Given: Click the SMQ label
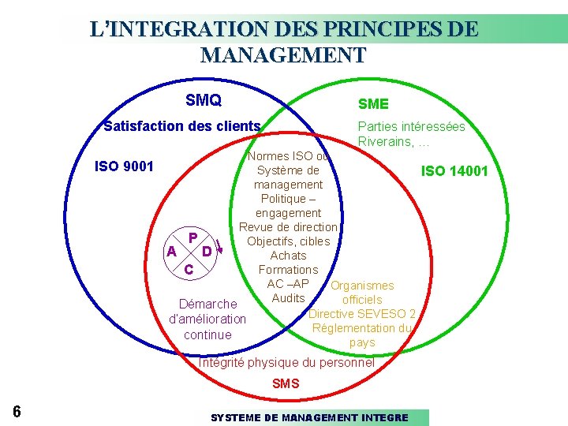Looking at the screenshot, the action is [203, 100].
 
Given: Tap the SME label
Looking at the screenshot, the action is [373, 104].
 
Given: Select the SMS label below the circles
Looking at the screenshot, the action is [286, 383].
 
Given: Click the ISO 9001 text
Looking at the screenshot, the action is [124, 166].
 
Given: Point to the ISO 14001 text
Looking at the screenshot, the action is [454, 171].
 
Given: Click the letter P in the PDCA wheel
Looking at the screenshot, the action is [192, 237].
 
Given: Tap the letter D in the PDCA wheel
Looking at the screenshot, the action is [207, 252].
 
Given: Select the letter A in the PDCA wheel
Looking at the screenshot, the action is [171, 252].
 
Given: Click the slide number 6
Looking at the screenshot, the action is [17, 412].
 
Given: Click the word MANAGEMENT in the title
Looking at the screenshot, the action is [283, 55].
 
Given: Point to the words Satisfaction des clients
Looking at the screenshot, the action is [182, 126].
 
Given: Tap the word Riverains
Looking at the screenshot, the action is [383, 142].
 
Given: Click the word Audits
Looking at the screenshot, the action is [288, 298].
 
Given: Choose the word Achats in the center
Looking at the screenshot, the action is [288, 256].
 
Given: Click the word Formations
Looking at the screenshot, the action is [288, 270].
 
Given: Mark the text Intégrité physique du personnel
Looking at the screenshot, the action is [286, 363].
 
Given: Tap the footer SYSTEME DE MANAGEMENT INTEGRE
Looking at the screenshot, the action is [309, 417].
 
